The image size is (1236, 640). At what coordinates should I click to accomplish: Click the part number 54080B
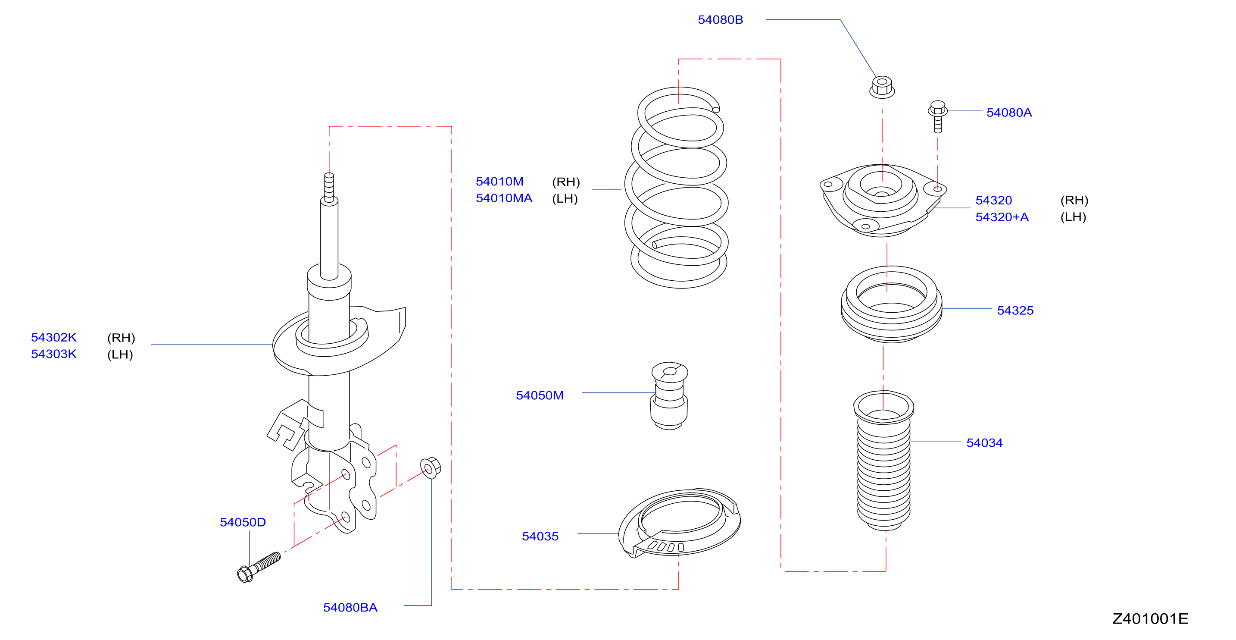(720, 20)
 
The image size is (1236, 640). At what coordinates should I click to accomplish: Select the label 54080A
(1008, 113)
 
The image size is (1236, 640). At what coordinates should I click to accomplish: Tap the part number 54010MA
(504, 198)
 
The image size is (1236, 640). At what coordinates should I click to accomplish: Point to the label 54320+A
(1002, 217)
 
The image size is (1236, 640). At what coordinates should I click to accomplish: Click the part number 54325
(1015, 311)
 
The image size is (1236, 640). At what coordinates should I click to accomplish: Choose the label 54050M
(539, 395)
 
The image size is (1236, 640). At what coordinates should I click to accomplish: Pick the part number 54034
(984, 443)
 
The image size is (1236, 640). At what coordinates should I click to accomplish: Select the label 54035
(540, 537)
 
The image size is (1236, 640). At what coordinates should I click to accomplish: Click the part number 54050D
(242, 522)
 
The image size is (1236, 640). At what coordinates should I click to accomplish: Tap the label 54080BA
(350, 608)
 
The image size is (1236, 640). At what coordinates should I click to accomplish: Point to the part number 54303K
(54, 355)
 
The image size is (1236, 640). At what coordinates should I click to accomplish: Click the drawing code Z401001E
(1150, 619)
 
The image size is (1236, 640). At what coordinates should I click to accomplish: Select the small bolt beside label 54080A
(937, 116)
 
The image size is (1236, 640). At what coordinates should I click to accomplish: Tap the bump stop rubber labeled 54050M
(669, 396)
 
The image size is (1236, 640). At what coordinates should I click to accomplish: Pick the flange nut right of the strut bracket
(430, 467)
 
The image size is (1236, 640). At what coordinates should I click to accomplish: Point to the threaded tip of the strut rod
(329, 187)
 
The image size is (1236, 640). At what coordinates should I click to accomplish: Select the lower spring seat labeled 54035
(679, 523)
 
